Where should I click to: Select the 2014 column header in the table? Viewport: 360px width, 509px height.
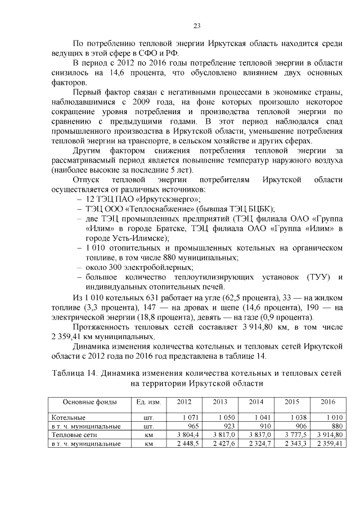[256, 402]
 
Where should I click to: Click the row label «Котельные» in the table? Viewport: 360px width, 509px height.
[67, 418]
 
